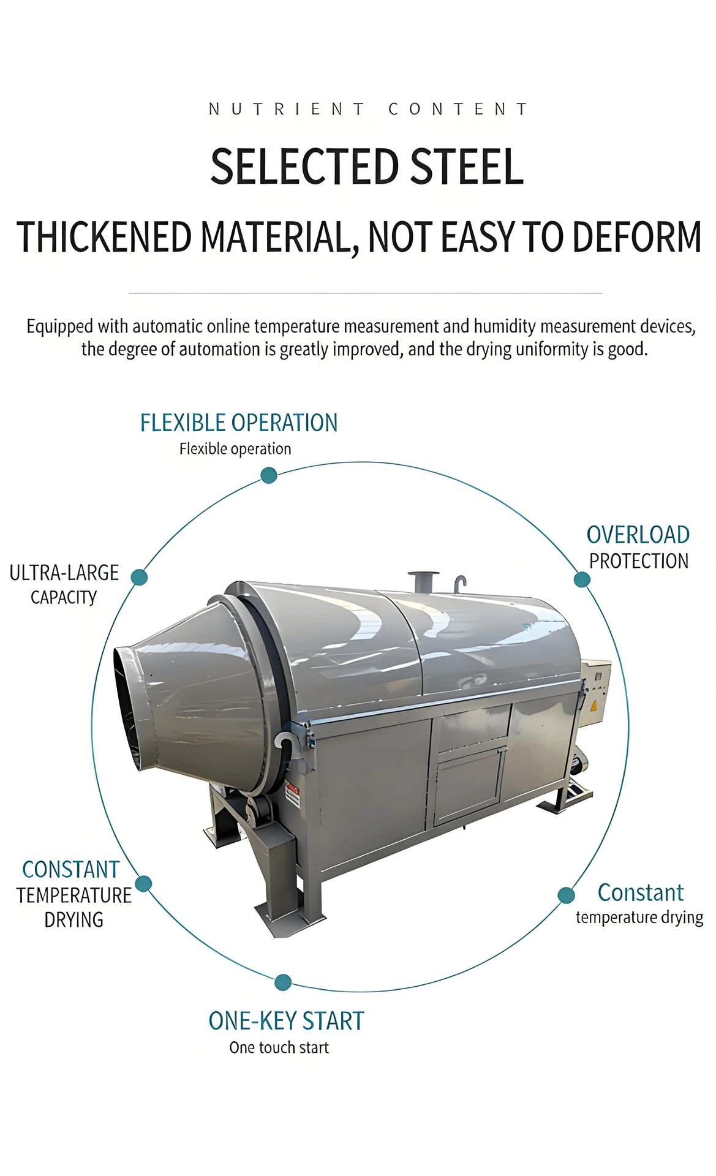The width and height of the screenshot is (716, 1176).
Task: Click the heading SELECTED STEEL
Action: [367, 167]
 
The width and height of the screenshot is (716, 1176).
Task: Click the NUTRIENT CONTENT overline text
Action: [367, 110]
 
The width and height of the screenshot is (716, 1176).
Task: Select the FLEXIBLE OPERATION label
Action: [239, 423]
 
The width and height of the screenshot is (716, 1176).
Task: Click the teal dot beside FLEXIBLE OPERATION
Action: [269, 475]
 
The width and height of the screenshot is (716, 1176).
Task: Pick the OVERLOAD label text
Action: [638, 535]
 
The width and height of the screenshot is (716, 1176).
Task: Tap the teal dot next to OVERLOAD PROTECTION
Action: [582, 579]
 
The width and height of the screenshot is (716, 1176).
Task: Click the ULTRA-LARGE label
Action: [64, 573]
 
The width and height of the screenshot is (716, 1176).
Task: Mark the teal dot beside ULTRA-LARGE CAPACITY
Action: [140, 577]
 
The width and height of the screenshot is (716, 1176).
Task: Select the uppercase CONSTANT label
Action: [70, 870]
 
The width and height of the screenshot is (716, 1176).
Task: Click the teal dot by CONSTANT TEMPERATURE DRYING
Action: [143, 883]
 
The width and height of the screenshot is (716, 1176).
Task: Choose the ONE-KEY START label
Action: [286, 1021]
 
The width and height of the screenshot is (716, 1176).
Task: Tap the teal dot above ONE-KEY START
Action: [283, 982]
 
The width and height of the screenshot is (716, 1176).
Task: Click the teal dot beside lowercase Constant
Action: [567, 895]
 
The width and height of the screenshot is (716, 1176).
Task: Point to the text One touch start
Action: [279, 1047]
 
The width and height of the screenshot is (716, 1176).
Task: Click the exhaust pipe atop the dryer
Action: [423, 581]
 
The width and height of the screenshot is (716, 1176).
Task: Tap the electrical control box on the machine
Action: [595, 693]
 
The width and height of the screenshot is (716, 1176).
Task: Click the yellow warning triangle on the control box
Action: [593, 705]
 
